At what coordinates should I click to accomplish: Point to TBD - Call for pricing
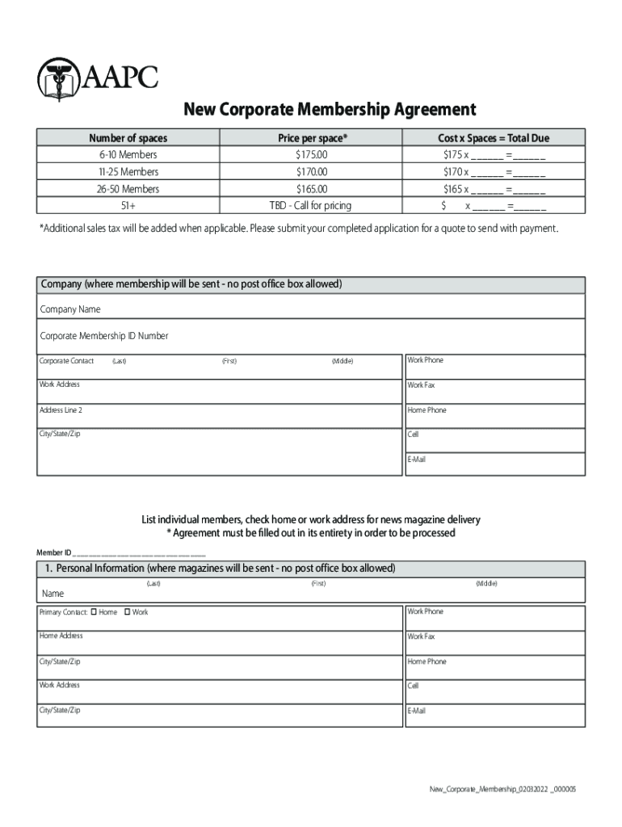click(310, 206)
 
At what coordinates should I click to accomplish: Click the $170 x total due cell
click(494, 172)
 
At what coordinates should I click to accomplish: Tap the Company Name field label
click(70, 310)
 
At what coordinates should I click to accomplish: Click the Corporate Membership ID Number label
click(104, 336)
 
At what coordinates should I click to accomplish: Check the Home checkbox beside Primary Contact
click(95, 612)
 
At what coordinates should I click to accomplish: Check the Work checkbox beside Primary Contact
click(128, 612)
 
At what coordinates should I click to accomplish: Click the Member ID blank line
click(139, 553)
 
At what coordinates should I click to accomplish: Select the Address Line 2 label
click(61, 410)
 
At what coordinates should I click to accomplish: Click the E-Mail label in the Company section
click(417, 460)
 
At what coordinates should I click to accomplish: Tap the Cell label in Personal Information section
click(413, 686)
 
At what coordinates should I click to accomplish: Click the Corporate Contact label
click(66, 361)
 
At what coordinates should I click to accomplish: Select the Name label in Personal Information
click(53, 594)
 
